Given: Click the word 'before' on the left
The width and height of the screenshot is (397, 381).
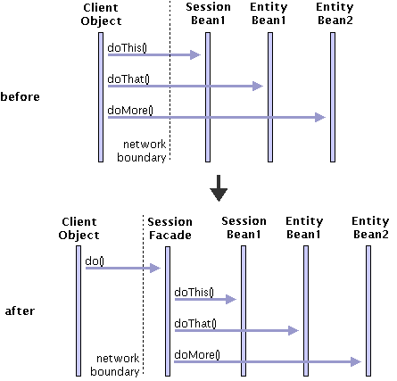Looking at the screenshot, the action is pos(20,96).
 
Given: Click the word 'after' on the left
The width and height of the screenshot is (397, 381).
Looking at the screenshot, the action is pos(20,311).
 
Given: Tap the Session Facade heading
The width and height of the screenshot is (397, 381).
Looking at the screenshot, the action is pos(170,228).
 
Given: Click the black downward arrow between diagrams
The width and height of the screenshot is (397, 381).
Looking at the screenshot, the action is pos(219,188).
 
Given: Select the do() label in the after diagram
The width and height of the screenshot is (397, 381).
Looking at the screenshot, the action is pos(95,261).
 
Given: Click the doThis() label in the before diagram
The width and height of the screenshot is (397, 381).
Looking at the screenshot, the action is pos(127,47).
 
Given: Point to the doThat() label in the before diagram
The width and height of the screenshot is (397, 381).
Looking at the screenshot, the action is pos(128,79).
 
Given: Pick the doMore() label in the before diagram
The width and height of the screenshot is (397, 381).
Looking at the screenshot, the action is pos(130,111).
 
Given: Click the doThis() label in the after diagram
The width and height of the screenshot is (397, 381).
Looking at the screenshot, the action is pos(194,292).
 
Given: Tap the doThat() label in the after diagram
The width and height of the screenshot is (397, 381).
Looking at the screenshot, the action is pos(195,323).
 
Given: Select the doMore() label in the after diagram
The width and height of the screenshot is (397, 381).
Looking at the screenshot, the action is pos(197,354).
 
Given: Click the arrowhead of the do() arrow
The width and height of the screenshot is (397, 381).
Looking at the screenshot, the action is pos(155,268).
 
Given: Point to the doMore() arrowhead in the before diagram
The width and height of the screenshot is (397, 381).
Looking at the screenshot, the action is pos(320,117).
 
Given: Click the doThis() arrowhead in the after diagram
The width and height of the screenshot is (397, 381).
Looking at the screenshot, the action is pos(231,299).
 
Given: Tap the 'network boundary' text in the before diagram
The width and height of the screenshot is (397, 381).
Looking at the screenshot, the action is pos(142,151).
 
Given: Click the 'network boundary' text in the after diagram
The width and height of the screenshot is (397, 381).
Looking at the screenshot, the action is pos(115,365).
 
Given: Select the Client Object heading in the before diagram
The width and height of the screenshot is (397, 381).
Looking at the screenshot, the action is pos(101,14).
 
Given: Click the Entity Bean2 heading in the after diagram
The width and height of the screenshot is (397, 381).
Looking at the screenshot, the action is pos(370,228).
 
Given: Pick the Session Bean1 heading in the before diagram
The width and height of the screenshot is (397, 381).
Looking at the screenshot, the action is pos(208,13).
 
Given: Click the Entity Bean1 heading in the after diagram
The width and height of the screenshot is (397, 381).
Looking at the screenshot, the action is pos(304,228).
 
